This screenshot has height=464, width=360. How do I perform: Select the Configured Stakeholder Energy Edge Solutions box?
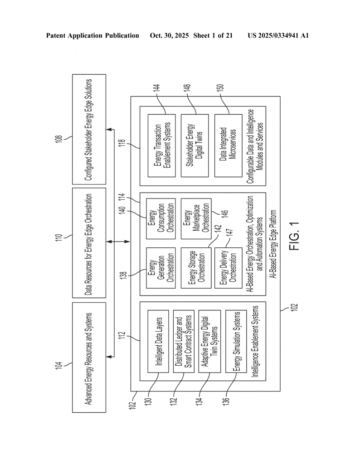89,129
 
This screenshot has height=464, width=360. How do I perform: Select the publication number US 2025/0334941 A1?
278,35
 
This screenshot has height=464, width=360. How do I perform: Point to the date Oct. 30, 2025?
170,35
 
